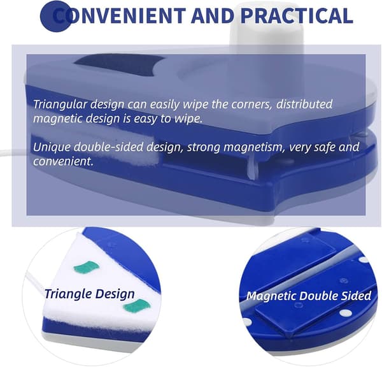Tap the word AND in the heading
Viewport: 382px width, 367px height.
coord(213,15)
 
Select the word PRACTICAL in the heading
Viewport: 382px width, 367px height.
coord(297,15)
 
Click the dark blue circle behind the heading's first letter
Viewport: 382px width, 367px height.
coord(56,15)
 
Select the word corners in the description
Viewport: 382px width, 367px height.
coord(251,104)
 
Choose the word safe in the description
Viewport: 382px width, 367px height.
coord(323,147)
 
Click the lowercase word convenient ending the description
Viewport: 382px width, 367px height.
coord(63,161)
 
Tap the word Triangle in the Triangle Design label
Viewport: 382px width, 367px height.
coord(68,294)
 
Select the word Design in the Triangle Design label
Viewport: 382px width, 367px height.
coord(115,294)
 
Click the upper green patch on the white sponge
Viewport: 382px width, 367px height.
coord(86,267)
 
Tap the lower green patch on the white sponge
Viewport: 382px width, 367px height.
coord(136,306)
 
